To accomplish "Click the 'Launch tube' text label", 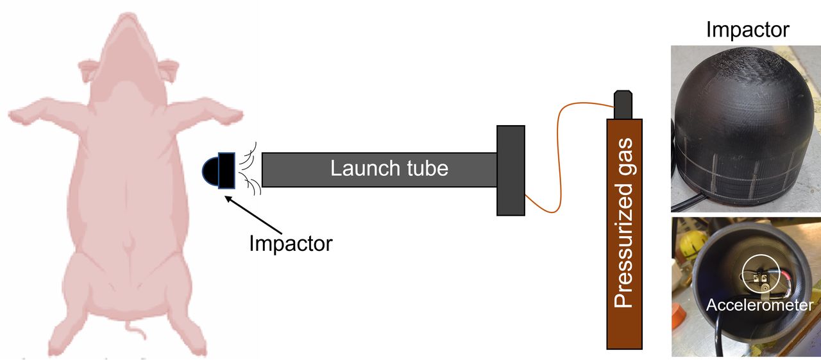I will point(389,168).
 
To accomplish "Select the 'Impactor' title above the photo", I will point(747,29).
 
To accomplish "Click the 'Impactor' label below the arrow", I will point(291,243).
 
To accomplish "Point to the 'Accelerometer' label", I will point(759,305).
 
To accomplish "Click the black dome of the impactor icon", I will point(211,171).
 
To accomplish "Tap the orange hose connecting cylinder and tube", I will point(559,160).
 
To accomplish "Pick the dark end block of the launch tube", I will point(511,170).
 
